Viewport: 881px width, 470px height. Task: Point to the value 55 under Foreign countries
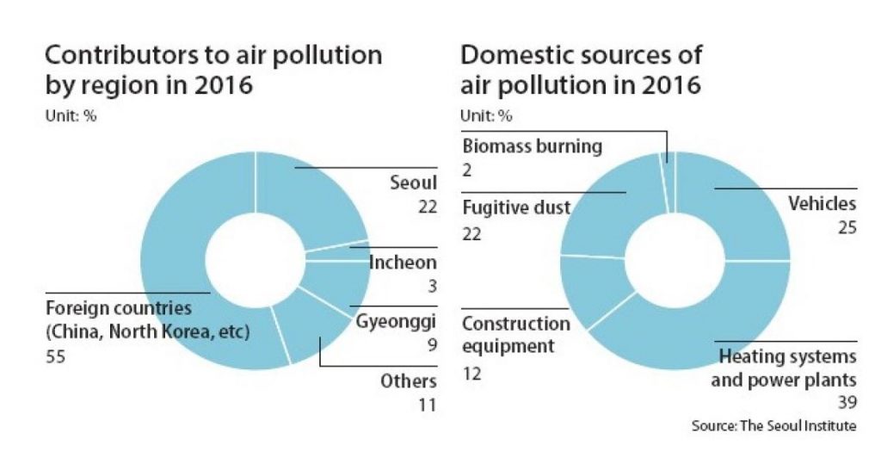(x=56, y=356)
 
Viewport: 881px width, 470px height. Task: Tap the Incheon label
(x=403, y=263)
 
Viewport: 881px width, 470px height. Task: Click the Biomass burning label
(x=533, y=145)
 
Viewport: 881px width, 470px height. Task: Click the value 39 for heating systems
(x=847, y=402)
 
